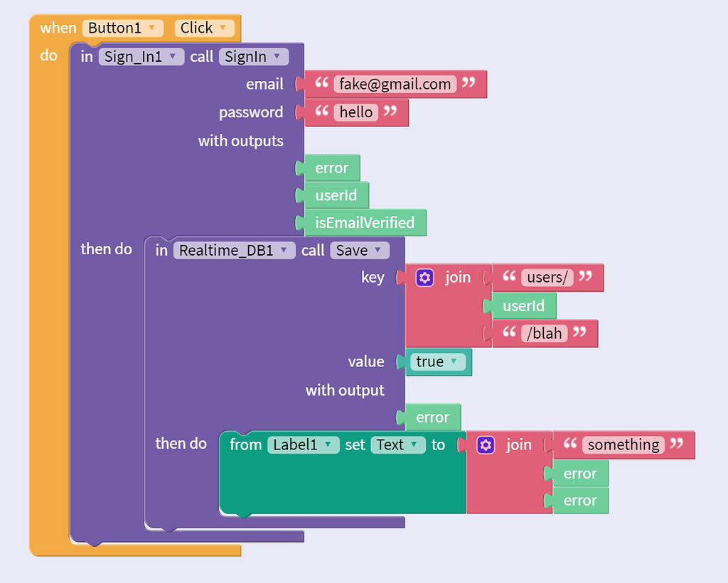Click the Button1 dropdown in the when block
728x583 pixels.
point(123,28)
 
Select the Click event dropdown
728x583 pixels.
point(204,28)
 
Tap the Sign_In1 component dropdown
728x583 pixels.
point(141,57)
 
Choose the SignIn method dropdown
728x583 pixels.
point(254,57)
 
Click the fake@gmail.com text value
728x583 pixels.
point(395,84)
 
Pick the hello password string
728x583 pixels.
point(356,112)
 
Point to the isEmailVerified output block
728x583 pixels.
point(364,223)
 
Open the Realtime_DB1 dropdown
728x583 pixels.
point(234,250)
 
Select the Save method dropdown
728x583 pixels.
point(360,250)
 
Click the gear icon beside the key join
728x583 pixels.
point(424,278)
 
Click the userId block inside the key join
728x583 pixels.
point(523,306)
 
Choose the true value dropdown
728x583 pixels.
point(437,361)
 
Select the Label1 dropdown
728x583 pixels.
point(303,445)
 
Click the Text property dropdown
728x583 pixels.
point(397,445)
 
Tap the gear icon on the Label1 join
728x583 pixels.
point(486,445)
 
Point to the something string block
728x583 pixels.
point(623,445)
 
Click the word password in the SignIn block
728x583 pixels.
point(251,112)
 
